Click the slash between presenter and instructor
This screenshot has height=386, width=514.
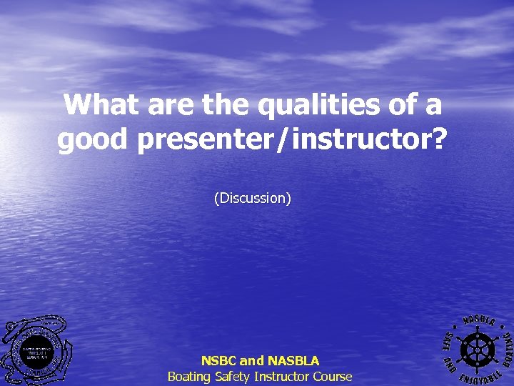click(x=284, y=139)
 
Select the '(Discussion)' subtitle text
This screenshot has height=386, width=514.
click(x=253, y=198)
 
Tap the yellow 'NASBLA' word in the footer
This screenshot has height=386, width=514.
click(x=293, y=361)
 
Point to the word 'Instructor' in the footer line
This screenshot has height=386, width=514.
click(x=283, y=376)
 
